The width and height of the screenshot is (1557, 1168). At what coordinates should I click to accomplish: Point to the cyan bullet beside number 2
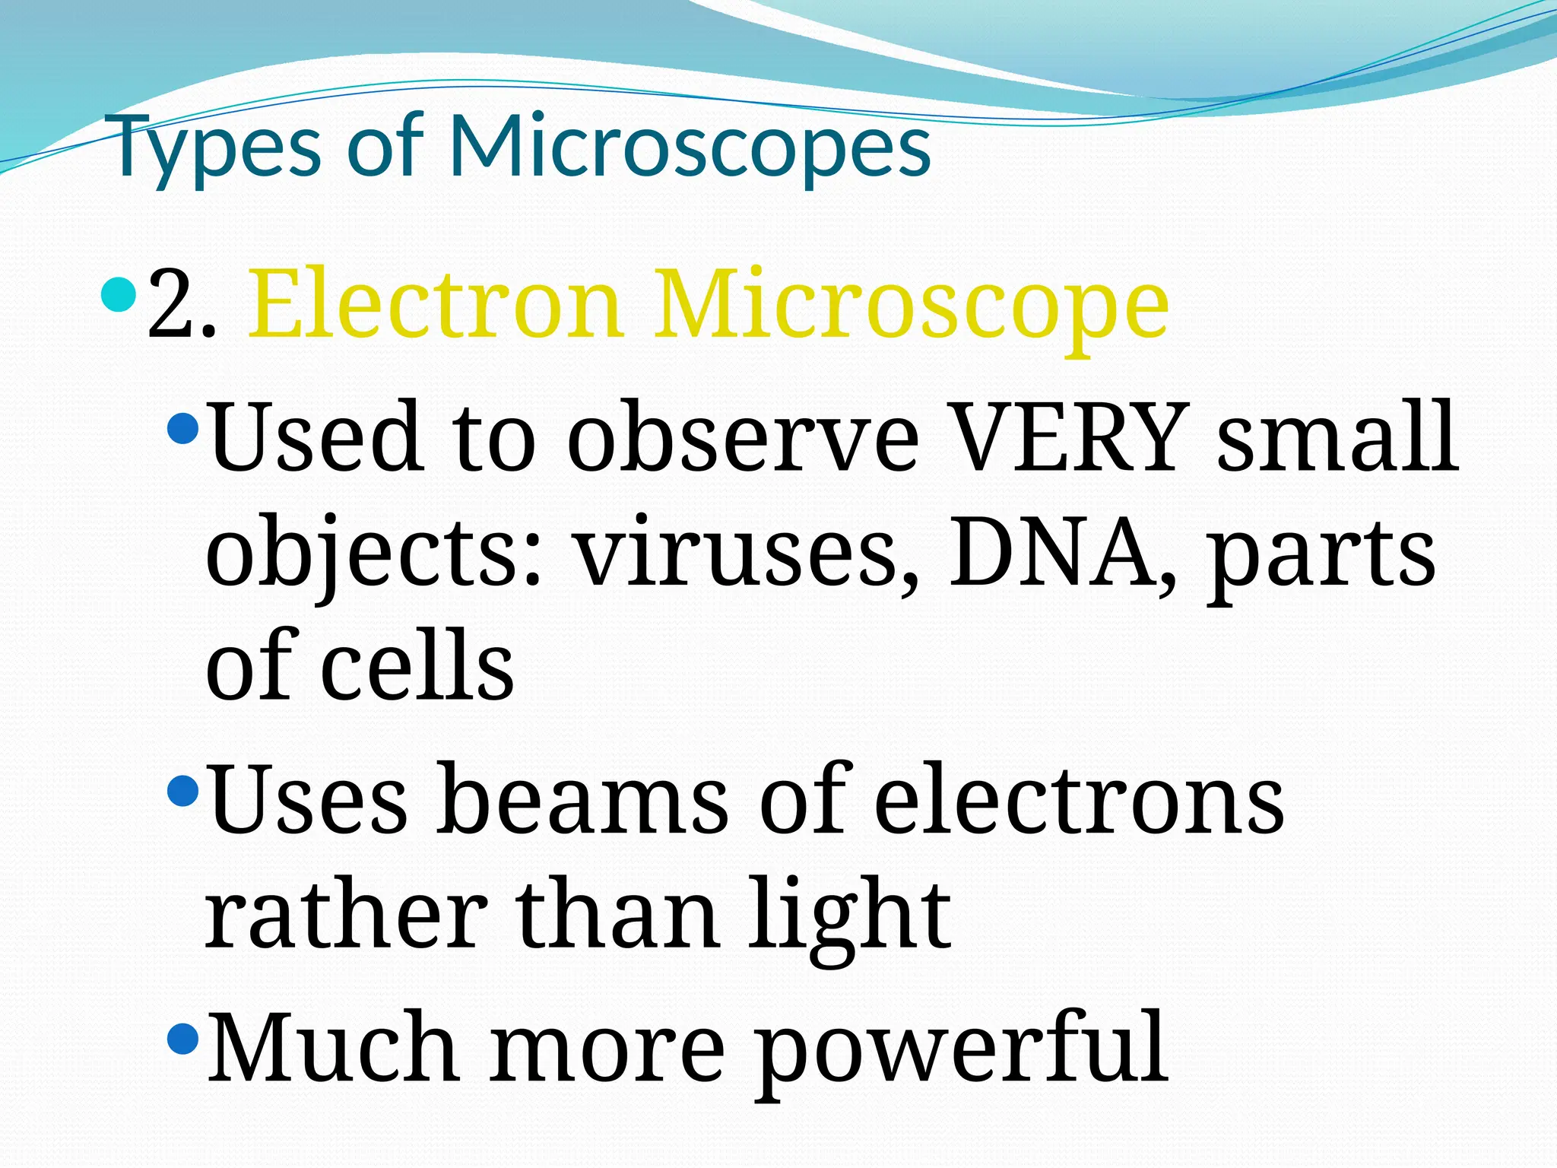tap(119, 296)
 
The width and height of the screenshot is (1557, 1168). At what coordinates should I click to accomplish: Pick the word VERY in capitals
tap(1070, 437)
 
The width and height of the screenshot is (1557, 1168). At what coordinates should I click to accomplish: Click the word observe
tap(743, 437)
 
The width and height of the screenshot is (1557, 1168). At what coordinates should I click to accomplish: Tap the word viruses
tap(746, 554)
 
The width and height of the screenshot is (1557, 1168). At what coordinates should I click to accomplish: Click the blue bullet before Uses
tap(182, 792)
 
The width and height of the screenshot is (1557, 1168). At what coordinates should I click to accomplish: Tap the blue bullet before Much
tap(182, 1037)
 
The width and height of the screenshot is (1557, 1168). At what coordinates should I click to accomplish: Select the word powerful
tap(961, 1049)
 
